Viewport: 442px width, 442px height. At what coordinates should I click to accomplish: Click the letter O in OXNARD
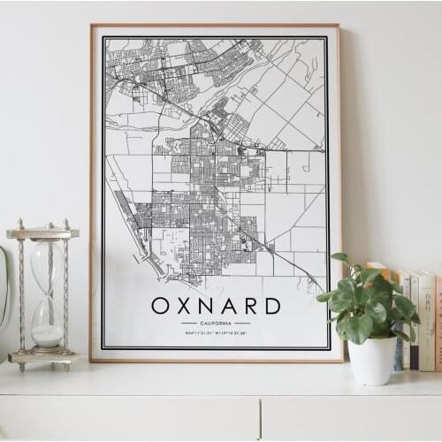point(160,306)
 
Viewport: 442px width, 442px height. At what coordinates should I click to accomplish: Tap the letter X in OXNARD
point(185,306)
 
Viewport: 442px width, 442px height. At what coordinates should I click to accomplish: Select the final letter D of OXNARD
point(272,306)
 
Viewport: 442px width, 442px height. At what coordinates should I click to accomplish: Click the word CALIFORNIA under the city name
point(216,324)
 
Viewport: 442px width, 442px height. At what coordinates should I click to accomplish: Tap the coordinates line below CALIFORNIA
point(216,333)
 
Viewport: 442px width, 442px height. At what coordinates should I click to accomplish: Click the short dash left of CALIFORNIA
point(188,324)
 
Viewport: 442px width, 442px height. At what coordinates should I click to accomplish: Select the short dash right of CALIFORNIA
point(243,324)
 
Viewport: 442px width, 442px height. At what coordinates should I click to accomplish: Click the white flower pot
point(372,360)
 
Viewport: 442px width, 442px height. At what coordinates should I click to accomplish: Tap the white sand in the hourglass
point(47,336)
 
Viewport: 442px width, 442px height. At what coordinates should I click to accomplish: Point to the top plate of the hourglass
point(42,233)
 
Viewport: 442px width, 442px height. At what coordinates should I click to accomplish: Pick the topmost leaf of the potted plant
point(340,259)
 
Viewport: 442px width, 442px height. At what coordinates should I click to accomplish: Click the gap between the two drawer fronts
point(261,418)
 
